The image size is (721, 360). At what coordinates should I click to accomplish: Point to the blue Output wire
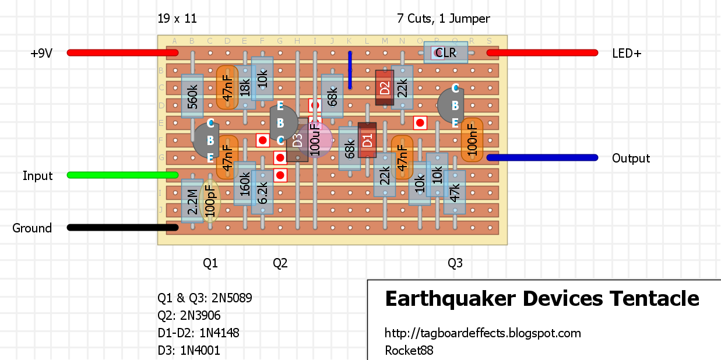(x=542, y=157)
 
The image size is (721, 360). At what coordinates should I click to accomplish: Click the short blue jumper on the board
(x=350, y=70)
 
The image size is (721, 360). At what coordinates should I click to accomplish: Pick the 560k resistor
(x=192, y=96)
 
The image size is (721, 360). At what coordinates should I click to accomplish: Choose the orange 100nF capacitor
(x=472, y=140)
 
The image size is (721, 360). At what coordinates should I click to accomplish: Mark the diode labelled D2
(x=384, y=87)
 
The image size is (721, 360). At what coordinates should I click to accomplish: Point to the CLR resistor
(x=446, y=52)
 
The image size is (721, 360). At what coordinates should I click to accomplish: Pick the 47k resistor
(x=455, y=192)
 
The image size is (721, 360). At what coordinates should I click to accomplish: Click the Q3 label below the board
(x=455, y=263)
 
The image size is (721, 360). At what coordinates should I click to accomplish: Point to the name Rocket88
(x=409, y=350)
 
